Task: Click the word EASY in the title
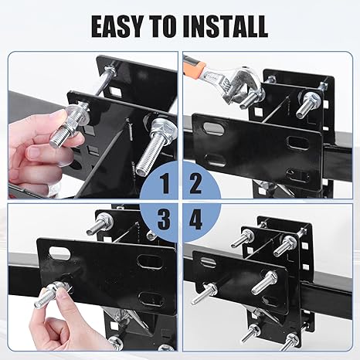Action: [117, 26]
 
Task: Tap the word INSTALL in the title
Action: [226, 26]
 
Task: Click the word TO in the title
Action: [163, 26]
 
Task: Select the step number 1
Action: [165, 184]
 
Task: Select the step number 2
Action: [195, 184]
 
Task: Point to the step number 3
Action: [164, 219]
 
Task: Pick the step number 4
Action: [195, 219]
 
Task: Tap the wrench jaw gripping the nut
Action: [246, 83]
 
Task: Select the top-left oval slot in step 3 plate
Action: [59, 253]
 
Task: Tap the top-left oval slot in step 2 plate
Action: [212, 127]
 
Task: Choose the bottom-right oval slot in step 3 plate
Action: [151, 299]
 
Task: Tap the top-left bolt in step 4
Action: [243, 238]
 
